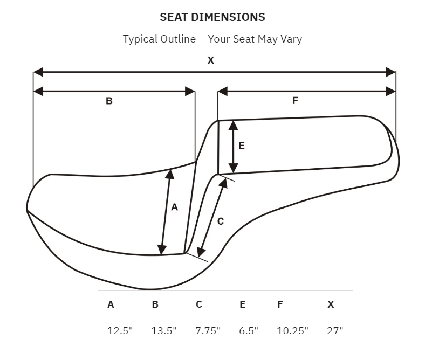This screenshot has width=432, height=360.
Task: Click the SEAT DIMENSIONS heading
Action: (x=212, y=17)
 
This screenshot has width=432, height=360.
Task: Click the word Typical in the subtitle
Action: (x=140, y=39)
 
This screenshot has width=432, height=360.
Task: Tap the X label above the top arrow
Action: (x=211, y=60)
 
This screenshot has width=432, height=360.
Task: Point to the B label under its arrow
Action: (x=109, y=101)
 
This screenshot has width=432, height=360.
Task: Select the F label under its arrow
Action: (x=295, y=101)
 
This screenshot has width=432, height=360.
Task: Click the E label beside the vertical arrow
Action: (x=241, y=146)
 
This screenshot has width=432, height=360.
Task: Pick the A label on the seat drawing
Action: (x=174, y=207)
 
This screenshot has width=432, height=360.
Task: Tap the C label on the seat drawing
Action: (x=221, y=221)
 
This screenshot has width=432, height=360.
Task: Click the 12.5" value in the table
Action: (x=120, y=330)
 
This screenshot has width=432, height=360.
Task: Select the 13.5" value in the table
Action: (x=164, y=330)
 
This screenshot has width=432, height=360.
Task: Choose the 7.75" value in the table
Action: (x=208, y=330)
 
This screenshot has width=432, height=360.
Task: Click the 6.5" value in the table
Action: (x=249, y=330)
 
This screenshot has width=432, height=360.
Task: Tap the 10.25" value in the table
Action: (x=293, y=330)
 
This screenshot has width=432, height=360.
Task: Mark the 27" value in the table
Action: (x=335, y=330)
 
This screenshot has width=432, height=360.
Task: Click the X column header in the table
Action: (x=331, y=304)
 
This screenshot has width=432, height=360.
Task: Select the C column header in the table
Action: (x=199, y=304)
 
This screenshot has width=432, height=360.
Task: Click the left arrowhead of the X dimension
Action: (x=38, y=72)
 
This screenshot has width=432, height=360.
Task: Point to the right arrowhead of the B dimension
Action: (x=190, y=92)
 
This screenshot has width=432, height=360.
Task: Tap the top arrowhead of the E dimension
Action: (x=234, y=125)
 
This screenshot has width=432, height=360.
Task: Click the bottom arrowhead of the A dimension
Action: (x=162, y=250)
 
